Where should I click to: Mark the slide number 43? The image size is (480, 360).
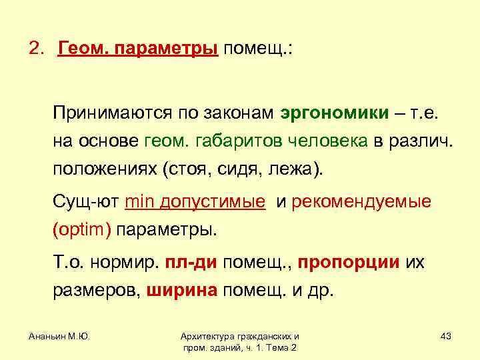pyautogui.click(x=446, y=336)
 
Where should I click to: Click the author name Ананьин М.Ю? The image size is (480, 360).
pyautogui.click(x=59, y=336)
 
